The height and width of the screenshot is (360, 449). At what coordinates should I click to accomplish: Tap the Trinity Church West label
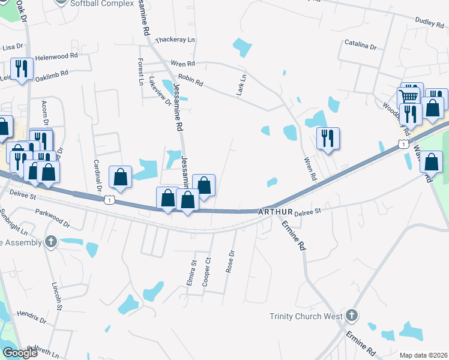[x=306, y=316]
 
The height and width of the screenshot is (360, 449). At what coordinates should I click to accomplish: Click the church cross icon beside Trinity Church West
[x=352, y=315]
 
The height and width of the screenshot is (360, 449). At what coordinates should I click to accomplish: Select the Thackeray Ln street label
[x=175, y=40]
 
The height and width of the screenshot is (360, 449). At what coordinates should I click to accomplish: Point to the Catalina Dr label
[x=360, y=46]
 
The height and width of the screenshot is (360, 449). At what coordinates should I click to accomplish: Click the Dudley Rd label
[x=429, y=22]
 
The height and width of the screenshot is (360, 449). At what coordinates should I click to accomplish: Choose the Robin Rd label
[x=191, y=79]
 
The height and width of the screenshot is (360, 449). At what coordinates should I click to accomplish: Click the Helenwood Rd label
[x=57, y=55]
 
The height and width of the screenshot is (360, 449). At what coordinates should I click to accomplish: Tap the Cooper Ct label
[x=207, y=271]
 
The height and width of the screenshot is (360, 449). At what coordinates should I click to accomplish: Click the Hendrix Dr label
[x=32, y=316]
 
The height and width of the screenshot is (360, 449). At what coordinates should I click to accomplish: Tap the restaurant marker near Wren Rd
[x=328, y=139]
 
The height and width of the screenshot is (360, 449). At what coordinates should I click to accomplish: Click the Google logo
[x=20, y=353]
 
